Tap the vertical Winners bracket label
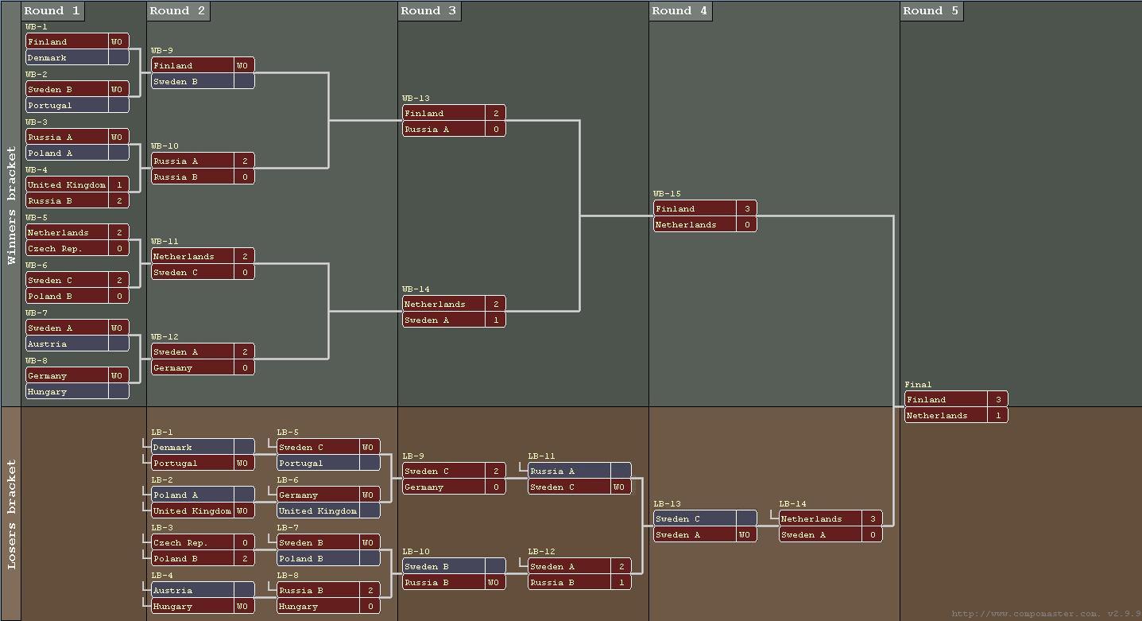(11, 205)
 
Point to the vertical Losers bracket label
(11, 514)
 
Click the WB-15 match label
(667, 194)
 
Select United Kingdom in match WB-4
(66, 185)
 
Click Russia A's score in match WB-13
(496, 130)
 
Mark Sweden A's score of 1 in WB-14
(496, 320)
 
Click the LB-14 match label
(792, 504)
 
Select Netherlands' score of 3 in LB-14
(873, 519)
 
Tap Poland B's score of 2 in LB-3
(245, 559)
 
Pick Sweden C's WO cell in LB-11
(619, 487)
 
